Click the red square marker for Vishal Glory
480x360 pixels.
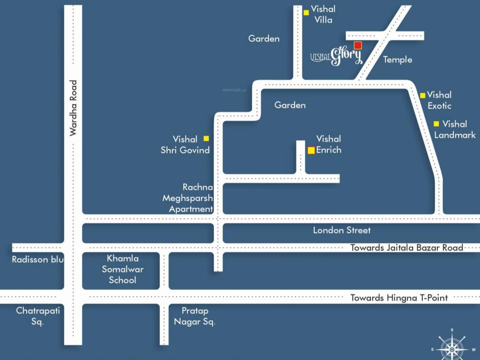click(358, 45)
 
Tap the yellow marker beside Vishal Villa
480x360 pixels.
click(306, 13)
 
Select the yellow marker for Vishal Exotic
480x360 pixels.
click(423, 95)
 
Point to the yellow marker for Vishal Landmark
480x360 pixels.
click(436, 124)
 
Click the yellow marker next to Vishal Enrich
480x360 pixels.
click(311, 150)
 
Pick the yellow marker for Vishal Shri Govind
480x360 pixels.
click(206, 138)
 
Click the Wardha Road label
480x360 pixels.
click(73, 108)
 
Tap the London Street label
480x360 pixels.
click(341, 230)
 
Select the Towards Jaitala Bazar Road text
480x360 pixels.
click(406, 247)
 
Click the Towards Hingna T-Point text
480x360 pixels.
click(399, 298)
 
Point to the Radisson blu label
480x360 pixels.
click(37, 259)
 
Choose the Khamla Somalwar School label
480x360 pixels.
click(122, 269)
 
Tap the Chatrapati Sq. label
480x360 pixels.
click(38, 316)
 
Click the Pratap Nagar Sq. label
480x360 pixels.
click(194, 316)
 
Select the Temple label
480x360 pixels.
click(398, 60)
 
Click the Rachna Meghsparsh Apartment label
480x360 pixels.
click(188, 198)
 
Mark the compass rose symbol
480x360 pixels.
click(451, 348)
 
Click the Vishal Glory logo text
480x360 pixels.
click(337, 56)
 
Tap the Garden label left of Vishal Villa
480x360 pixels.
click(264, 39)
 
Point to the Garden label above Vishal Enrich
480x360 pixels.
click(290, 105)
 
